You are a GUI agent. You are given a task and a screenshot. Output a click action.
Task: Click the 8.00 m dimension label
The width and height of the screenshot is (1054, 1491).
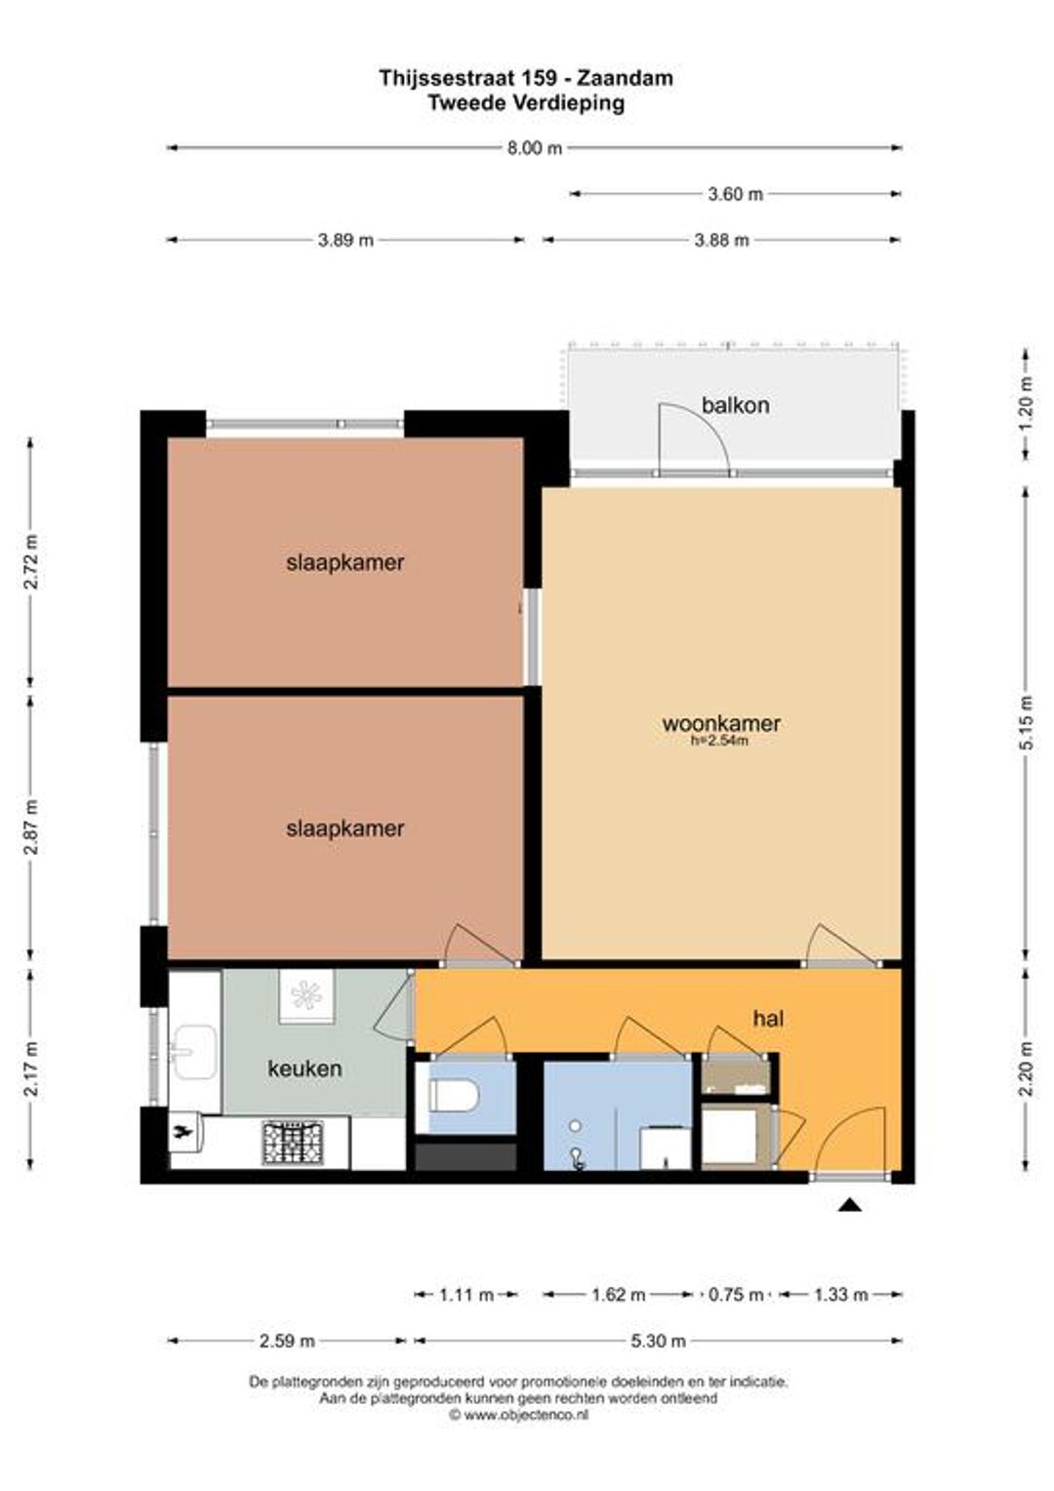[x=535, y=148]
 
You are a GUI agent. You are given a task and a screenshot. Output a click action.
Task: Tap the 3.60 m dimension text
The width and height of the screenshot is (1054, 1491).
[x=735, y=194]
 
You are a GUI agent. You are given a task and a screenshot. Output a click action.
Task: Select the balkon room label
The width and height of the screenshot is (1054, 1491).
[x=735, y=405]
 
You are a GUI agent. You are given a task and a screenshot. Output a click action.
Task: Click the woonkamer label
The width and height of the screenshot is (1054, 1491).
[x=721, y=723]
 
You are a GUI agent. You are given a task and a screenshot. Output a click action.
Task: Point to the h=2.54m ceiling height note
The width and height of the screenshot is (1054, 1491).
[x=721, y=741]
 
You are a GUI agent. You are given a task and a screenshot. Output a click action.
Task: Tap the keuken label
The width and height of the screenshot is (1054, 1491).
[x=304, y=1069]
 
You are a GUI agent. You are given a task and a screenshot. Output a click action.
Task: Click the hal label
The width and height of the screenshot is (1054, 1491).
[x=768, y=1019]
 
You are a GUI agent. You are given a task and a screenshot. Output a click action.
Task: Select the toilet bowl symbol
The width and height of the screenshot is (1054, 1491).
[x=454, y=1095]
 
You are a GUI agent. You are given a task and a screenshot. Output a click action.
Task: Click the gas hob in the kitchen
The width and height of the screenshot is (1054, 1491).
[x=293, y=1143]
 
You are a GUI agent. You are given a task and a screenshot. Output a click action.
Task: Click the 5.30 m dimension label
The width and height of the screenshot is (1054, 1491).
[x=658, y=1341]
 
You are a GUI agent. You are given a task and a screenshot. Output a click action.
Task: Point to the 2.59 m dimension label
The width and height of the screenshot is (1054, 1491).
[x=286, y=1341]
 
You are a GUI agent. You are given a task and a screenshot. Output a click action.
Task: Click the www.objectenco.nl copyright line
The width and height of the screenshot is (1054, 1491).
[x=518, y=1396]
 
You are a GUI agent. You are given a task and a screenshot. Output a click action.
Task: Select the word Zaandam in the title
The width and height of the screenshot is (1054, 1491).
[x=625, y=78]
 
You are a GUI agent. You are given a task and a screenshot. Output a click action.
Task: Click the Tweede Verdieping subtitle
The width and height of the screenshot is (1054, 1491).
[x=526, y=103]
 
